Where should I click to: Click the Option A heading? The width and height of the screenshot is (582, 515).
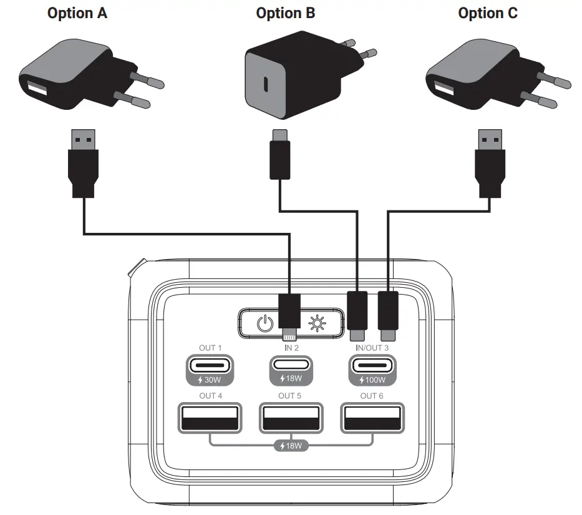pyautogui.click(x=77, y=13)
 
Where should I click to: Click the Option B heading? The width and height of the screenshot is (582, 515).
pyautogui.click(x=286, y=13)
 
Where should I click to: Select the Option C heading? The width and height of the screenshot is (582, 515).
pyautogui.click(x=487, y=13)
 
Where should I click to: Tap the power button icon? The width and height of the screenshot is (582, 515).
pyautogui.click(x=265, y=324)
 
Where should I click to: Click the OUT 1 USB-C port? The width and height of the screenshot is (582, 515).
pyautogui.click(x=209, y=365)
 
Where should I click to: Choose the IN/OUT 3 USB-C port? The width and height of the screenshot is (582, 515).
pyautogui.click(x=371, y=365)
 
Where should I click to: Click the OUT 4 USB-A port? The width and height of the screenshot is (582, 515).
pyautogui.click(x=210, y=418)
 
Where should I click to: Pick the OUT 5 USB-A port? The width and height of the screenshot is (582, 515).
pyautogui.click(x=291, y=418)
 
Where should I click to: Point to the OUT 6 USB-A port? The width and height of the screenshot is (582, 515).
pyautogui.click(x=372, y=418)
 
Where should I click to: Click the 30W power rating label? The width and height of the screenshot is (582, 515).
pyautogui.click(x=209, y=380)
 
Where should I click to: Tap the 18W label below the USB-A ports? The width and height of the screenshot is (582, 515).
pyautogui.click(x=291, y=446)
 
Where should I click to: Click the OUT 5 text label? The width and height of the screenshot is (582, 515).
pyautogui.click(x=291, y=396)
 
